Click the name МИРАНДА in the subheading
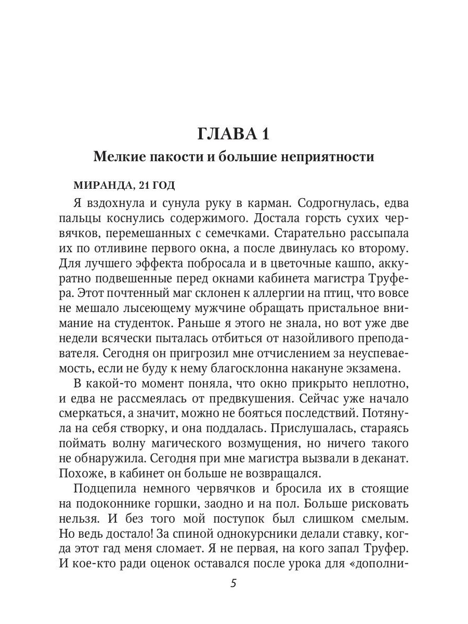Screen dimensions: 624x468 [99, 186]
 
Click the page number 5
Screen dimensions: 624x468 [233, 583]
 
